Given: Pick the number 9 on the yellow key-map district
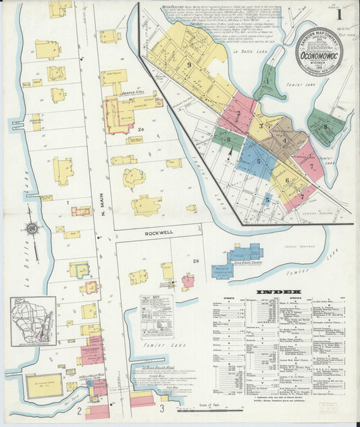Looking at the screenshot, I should point(190,65).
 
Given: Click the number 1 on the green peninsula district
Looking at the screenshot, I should point(267,82).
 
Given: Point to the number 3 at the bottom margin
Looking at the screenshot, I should point(161,409).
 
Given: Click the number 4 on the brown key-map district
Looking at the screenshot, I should point(285,141).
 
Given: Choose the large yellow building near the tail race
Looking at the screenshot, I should point(44,384).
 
